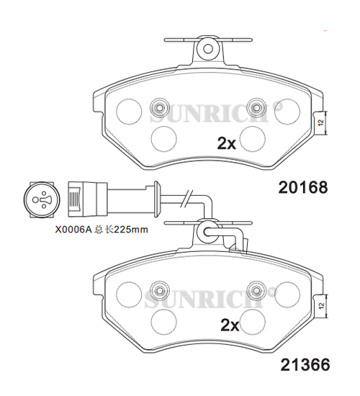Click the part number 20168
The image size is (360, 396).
[x=303, y=187]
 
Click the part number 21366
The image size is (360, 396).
[x=305, y=365]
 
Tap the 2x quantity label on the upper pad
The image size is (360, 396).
[x=227, y=143]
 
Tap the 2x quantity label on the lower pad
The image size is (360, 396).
[x=230, y=325]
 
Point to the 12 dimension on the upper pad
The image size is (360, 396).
[x=321, y=122]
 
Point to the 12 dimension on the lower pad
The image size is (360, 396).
[x=321, y=305]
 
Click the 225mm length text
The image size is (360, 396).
[x=131, y=229]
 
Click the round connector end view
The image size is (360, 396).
[x=42, y=199]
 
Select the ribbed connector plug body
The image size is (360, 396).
[x=87, y=199]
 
